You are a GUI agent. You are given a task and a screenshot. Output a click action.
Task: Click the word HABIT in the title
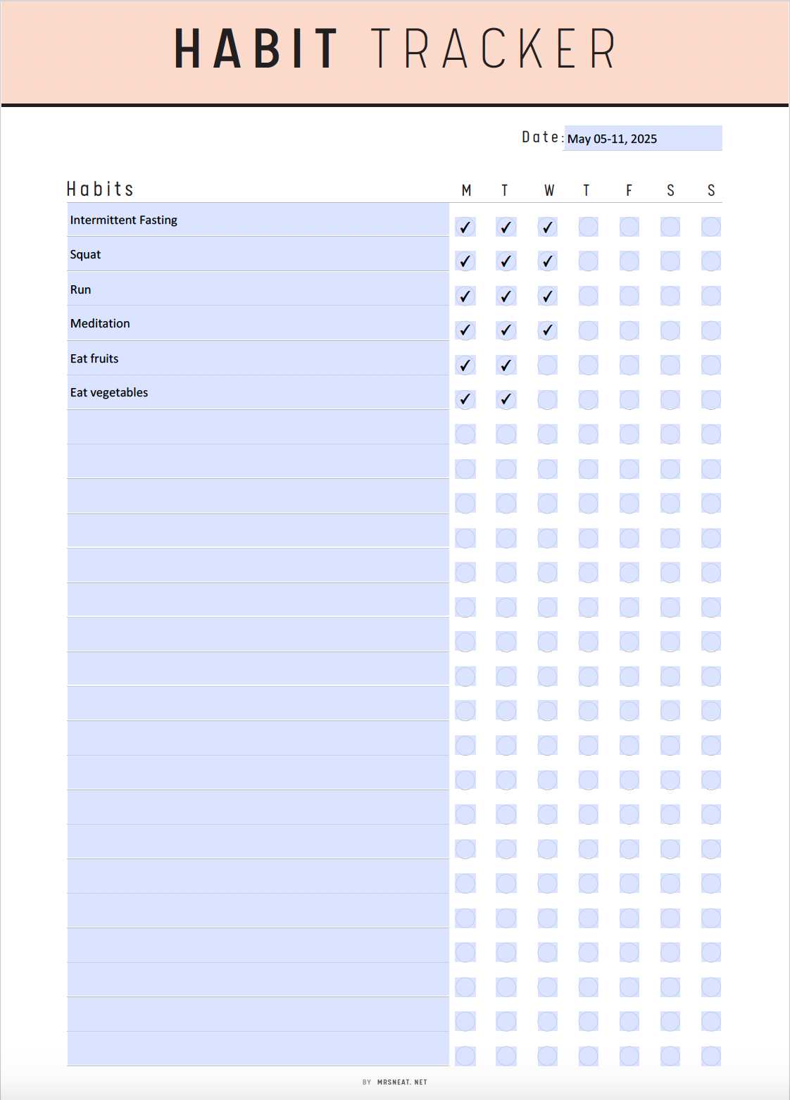256,49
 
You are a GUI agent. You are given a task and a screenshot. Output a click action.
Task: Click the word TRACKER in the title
493,49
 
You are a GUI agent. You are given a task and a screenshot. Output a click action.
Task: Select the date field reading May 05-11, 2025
642,139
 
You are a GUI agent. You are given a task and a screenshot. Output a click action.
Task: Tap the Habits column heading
100,189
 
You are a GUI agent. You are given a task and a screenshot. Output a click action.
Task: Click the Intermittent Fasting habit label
124,220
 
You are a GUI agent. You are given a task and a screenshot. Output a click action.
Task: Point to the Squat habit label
85,254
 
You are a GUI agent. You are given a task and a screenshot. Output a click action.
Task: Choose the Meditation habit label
100,323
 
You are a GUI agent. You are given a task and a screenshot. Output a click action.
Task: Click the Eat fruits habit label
94,358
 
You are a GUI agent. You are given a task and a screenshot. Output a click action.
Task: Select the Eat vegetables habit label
109,392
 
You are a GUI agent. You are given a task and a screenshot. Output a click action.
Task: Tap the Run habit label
80,289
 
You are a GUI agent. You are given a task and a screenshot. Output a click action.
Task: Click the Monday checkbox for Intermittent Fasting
465,227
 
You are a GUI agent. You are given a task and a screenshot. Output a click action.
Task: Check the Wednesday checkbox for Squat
547,261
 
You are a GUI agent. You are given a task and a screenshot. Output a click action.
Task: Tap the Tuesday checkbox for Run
506,296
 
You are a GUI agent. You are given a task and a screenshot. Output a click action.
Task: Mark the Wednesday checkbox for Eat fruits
547,365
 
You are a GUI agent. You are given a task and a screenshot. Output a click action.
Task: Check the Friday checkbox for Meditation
629,330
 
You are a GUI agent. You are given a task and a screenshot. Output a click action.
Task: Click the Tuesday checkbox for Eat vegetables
506,399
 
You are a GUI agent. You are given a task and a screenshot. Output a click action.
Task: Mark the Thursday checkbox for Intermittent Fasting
588,227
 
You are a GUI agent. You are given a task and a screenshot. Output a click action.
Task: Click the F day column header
629,190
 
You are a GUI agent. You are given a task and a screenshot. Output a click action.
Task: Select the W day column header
548,190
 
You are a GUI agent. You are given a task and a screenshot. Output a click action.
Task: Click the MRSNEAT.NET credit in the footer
402,1082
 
